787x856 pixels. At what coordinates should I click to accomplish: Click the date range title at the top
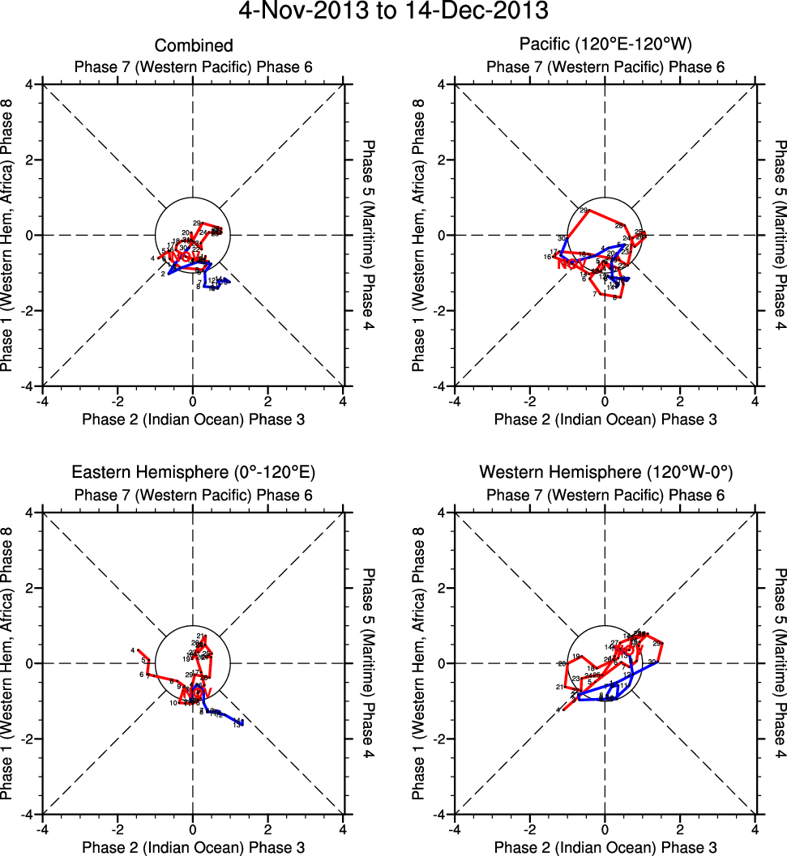coord(393,11)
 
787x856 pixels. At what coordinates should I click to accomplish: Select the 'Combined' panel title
coord(194,46)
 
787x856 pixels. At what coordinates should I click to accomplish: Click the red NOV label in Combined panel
coord(186,256)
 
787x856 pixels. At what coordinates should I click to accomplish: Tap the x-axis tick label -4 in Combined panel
coord(42,400)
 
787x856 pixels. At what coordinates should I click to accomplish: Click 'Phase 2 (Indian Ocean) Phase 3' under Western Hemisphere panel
coord(605,847)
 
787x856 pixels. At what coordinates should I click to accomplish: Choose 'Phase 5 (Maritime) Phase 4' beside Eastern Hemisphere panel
coord(370,663)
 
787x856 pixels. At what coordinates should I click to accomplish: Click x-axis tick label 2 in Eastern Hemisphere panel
coord(267,828)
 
